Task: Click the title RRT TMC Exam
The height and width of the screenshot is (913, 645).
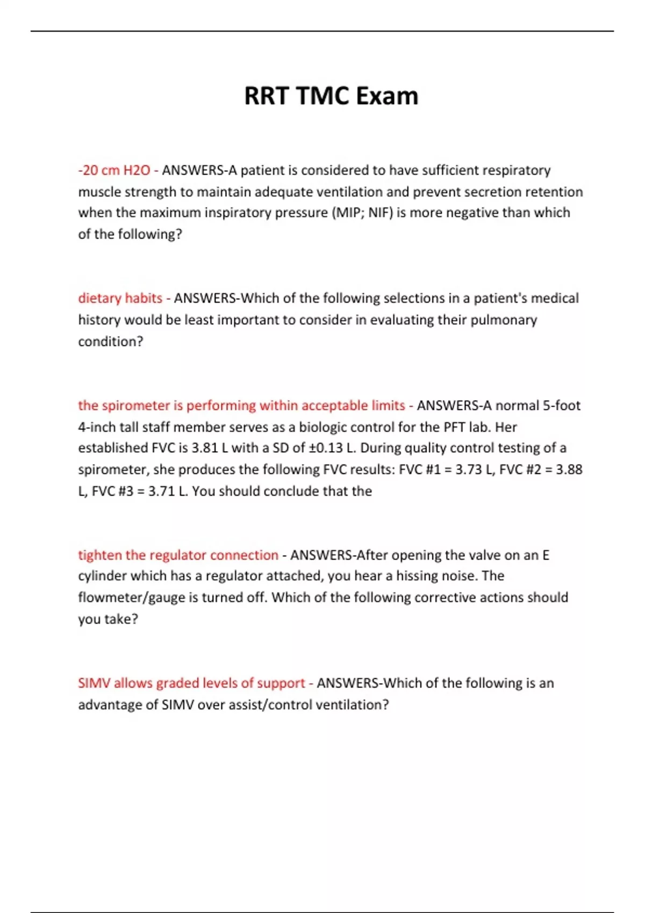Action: tap(331, 97)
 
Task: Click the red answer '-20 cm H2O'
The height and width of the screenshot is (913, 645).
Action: tap(114, 170)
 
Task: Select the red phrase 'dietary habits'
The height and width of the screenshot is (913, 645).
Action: tap(120, 298)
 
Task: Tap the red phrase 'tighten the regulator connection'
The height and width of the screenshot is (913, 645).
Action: tap(178, 555)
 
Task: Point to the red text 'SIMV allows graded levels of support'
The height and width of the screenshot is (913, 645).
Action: tap(191, 683)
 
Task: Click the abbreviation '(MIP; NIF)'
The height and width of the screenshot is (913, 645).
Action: tap(362, 213)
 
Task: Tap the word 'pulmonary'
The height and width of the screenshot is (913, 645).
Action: tap(504, 320)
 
